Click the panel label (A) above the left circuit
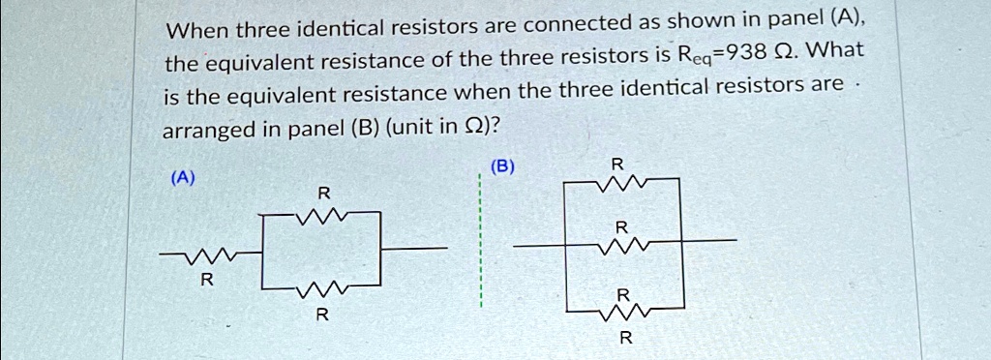click(x=182, y=179)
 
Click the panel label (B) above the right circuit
click(x=501, y=166)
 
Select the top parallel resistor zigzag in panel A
click(x=321, y=218)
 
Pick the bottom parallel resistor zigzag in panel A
click(x=321, y=288)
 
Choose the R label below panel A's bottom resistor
click(x=322, y=315)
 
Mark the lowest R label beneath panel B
click(x=625, y=339)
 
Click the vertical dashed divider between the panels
click(x=480, y=242)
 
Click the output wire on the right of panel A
click(x=414, y=249)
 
